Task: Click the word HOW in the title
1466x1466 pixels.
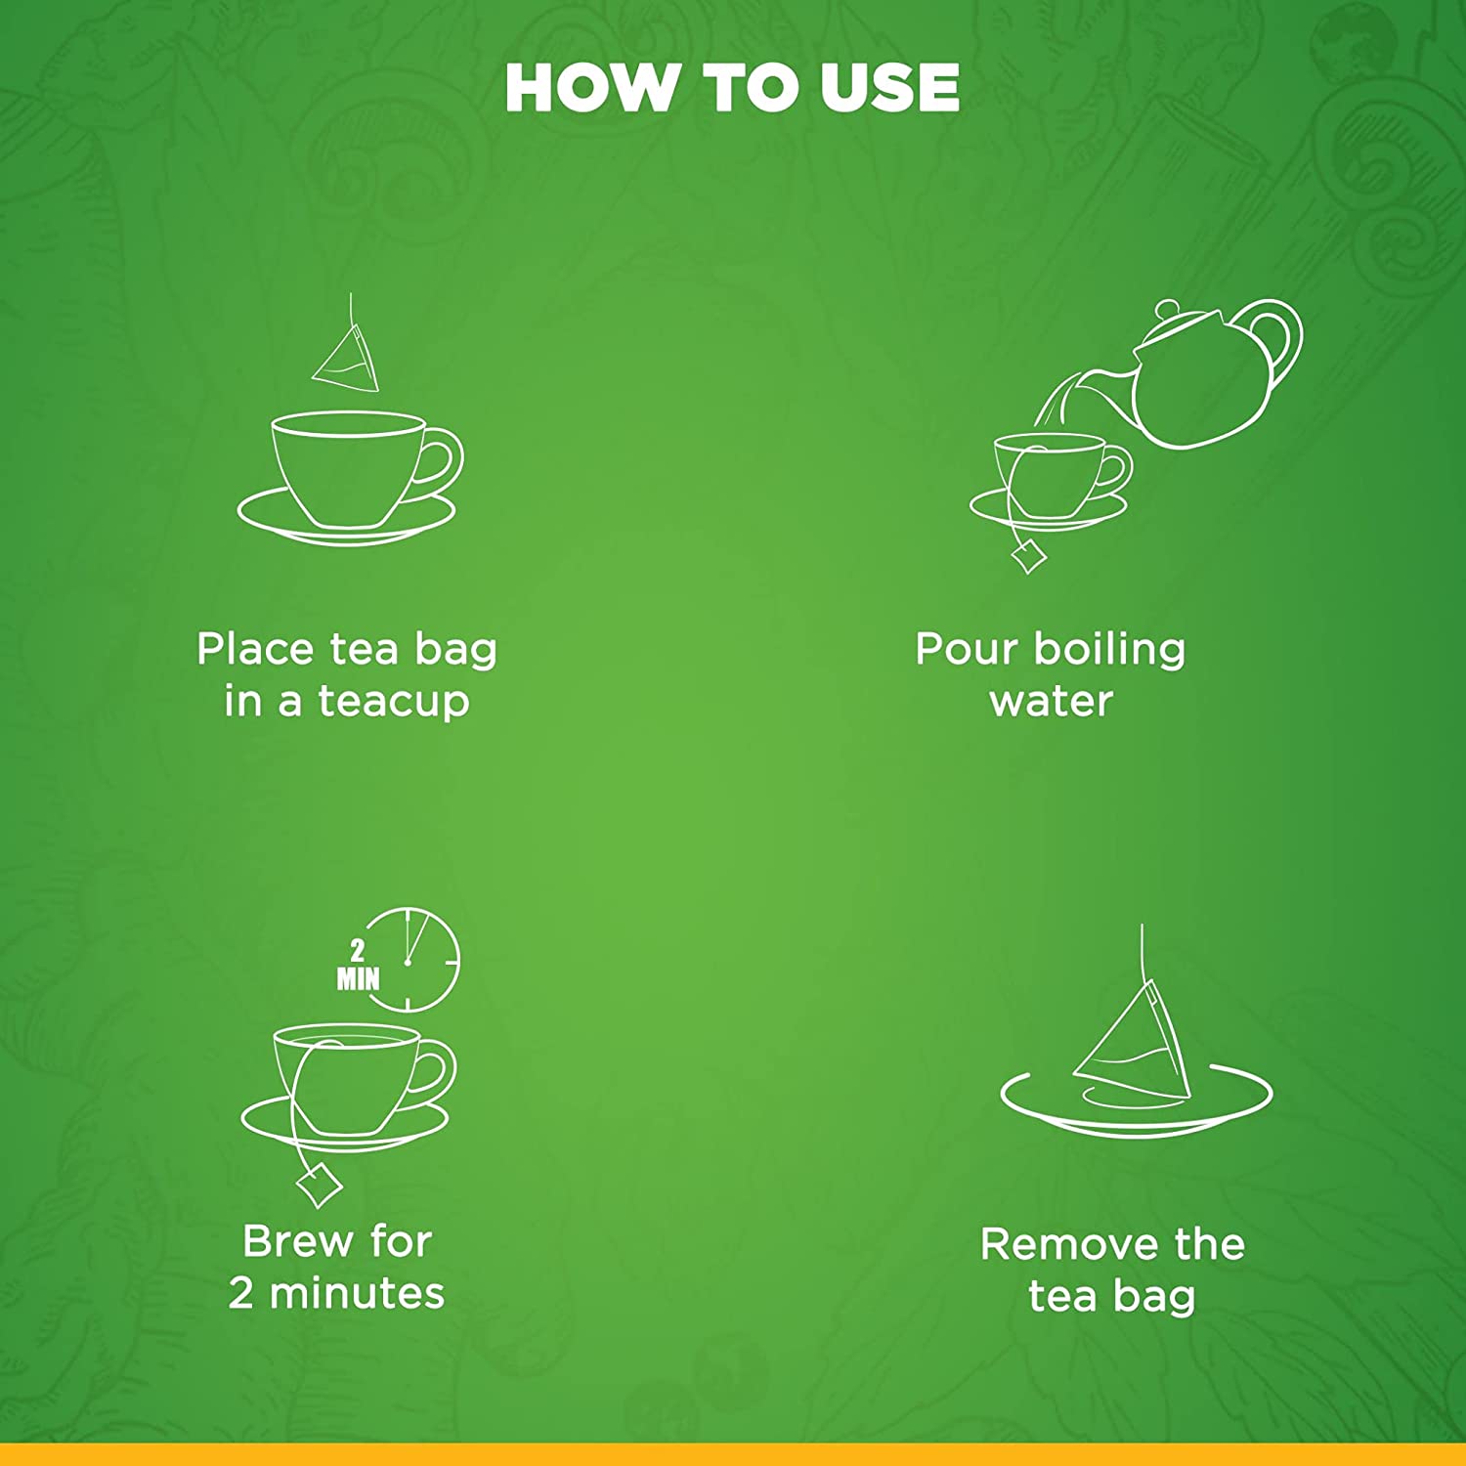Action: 589,88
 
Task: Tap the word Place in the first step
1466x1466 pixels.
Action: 257,649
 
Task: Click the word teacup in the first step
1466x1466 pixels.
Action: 394,702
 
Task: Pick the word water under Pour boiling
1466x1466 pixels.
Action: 1051,702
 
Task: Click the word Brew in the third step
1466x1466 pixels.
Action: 298,1241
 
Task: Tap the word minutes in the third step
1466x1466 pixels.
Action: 357,1293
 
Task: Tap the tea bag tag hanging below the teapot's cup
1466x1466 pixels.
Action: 1029,558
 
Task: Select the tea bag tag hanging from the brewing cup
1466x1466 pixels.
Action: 319,1186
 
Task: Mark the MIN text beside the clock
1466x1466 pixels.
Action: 358,978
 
